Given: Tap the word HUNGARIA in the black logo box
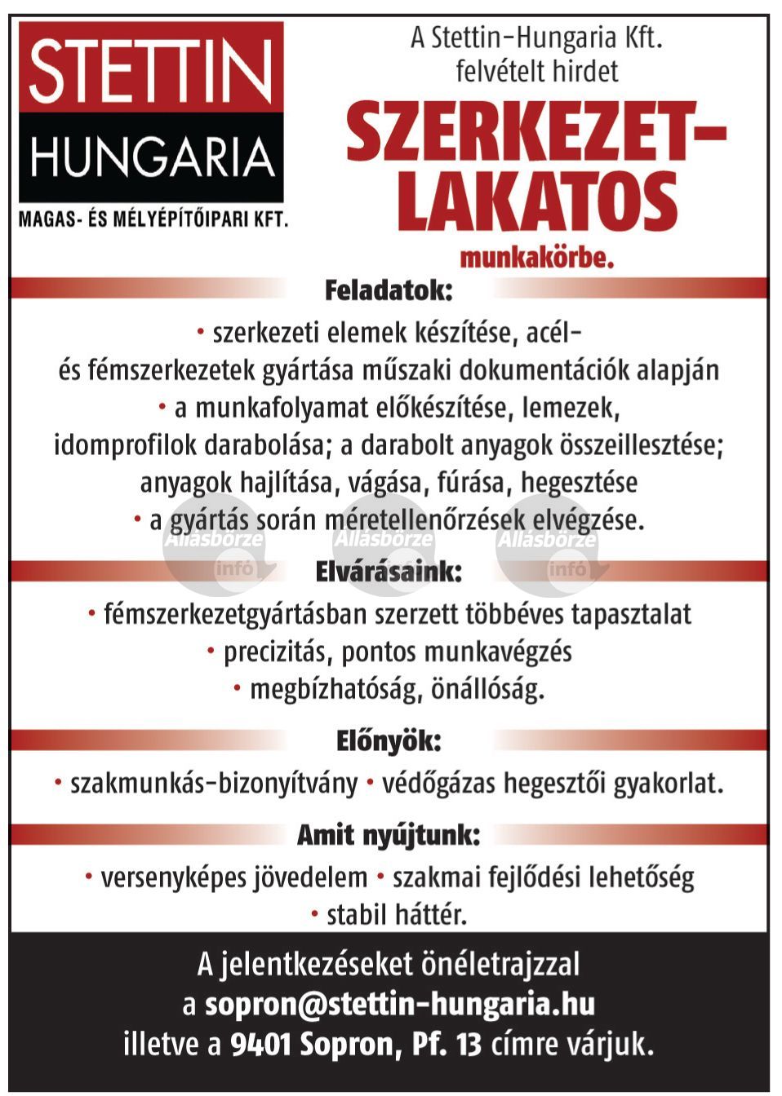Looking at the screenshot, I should [152, 157].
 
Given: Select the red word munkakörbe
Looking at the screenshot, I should [537, 259].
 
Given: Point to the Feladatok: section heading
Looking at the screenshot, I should [389, 290].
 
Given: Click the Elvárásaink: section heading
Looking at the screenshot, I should [389, 572].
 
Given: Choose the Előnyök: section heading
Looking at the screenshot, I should [389, 741].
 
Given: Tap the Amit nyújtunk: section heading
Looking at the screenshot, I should [389, 834].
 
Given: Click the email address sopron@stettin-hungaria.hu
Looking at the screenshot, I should [400, 1004].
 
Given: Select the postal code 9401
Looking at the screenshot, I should [260, 1045].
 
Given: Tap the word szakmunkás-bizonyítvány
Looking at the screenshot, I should [214, 784].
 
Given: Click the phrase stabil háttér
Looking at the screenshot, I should [397, 915].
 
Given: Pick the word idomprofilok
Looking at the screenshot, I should [126, 445].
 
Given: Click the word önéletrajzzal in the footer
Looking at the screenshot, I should [500, 965].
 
